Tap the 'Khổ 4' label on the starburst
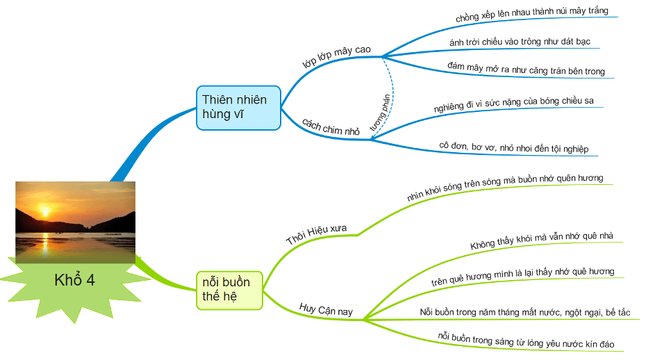click(74, 281)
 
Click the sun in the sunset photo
click(45, 211)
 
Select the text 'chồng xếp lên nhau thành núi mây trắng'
click(532, 14)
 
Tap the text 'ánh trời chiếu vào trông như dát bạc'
click(520, 42)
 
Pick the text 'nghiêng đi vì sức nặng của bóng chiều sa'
click(513, 105)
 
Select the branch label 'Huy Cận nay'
click(326, 309)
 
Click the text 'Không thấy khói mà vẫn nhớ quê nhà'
click(541, 240)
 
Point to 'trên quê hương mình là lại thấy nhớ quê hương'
click(522, 276)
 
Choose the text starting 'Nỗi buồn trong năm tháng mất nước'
click(525, 312)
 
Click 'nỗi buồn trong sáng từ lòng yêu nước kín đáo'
click(526, 340)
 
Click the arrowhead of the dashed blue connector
click(374, 138)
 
